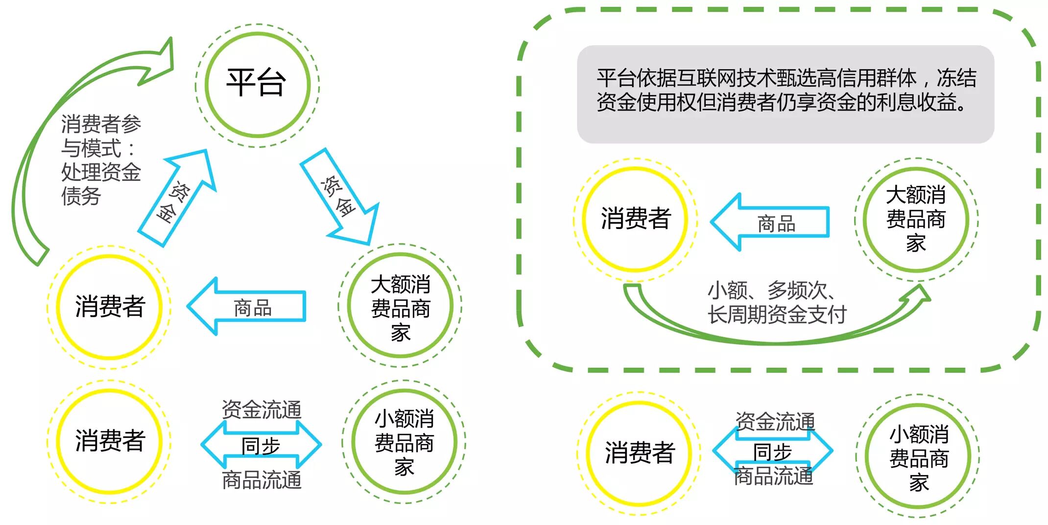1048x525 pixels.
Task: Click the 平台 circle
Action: pyautogui.click(x=258, y=85)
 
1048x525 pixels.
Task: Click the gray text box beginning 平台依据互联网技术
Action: pyautogui.click(x=786, y=94)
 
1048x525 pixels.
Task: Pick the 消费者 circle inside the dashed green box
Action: pyautogui.click(x=635, y=219)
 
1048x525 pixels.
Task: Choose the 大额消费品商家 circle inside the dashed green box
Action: pyautogui.click(x=916, y=219)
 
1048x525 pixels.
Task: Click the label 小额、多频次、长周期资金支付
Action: pyautogui.click(x=777, y=302)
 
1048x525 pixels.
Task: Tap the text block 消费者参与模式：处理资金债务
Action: pyautogui.click(x=100, y=160)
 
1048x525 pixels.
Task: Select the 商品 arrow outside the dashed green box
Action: pyautogui.click(x=247, y=307)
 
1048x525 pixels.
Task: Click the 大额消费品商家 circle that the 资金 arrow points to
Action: pyautogui.click(x=400, y=305)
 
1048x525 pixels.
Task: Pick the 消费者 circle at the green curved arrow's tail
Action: pyautogui.click(x=109, y=307)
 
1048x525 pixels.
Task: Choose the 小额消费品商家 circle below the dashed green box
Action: pyautogui.click(x=918, y=456)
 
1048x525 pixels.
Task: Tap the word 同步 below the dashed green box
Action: pyautogui.click(x=772, y=452)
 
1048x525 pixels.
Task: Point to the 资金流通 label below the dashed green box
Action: pyautogui.click(x=775, y=421)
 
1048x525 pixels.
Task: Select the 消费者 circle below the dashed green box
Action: pyautogui.click(x=639, y=453)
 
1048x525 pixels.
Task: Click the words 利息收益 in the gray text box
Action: pyautogui.click(x=926, y=102)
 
